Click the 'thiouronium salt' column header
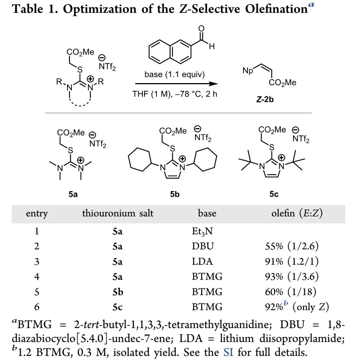pos(118,213)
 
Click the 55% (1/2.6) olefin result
pos(292,246)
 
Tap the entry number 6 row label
pos(37,307)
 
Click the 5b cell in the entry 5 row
pos(118,291)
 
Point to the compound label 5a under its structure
pos(73,194)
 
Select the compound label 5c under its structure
pos(274,194)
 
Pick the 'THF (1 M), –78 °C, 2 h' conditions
pos(175,94)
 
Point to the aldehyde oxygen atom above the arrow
pos(201,30)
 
